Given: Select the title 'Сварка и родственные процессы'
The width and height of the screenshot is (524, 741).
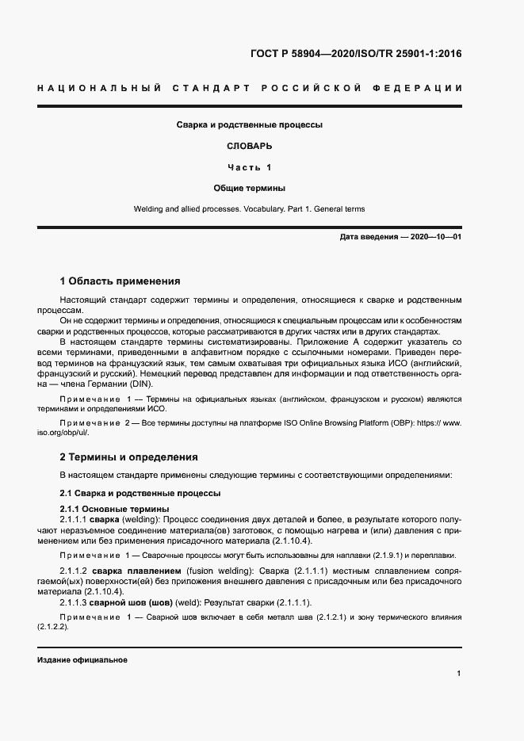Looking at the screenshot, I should (249, 124).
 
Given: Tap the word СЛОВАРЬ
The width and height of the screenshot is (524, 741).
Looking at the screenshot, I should (249, 146).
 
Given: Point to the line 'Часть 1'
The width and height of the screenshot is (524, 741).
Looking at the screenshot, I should (249, 167).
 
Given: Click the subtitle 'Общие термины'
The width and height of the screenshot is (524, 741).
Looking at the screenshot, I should (249, 189).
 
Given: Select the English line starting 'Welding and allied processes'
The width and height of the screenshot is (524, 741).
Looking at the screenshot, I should (249, 209).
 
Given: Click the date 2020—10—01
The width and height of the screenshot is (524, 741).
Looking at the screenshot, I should (435, 237).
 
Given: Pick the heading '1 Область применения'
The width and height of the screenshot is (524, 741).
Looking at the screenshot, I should (120, 281).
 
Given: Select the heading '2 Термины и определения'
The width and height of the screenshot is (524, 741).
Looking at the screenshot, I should (129, 457).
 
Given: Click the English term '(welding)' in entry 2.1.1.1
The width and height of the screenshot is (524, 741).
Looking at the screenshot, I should (140, 518).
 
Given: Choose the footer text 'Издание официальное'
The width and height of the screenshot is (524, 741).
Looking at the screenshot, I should (82, 659).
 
